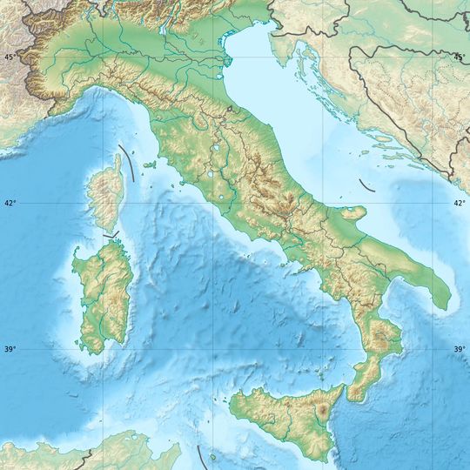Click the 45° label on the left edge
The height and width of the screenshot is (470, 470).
click(10, 57)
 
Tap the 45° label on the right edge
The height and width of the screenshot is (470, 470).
click(459, 57)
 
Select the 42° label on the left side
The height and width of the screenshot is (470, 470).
click(10, 204)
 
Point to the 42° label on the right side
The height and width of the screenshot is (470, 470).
click(459, 204)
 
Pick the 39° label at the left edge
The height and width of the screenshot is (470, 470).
click(10, 350)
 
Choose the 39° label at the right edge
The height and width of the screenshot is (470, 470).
click(459, 350)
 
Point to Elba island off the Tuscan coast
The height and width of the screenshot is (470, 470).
click(150, 164)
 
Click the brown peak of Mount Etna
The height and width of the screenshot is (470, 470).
click(326, 408)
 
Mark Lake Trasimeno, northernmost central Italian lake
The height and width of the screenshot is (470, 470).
click(214, 157)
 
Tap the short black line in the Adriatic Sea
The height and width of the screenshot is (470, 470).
click(366, 185)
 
